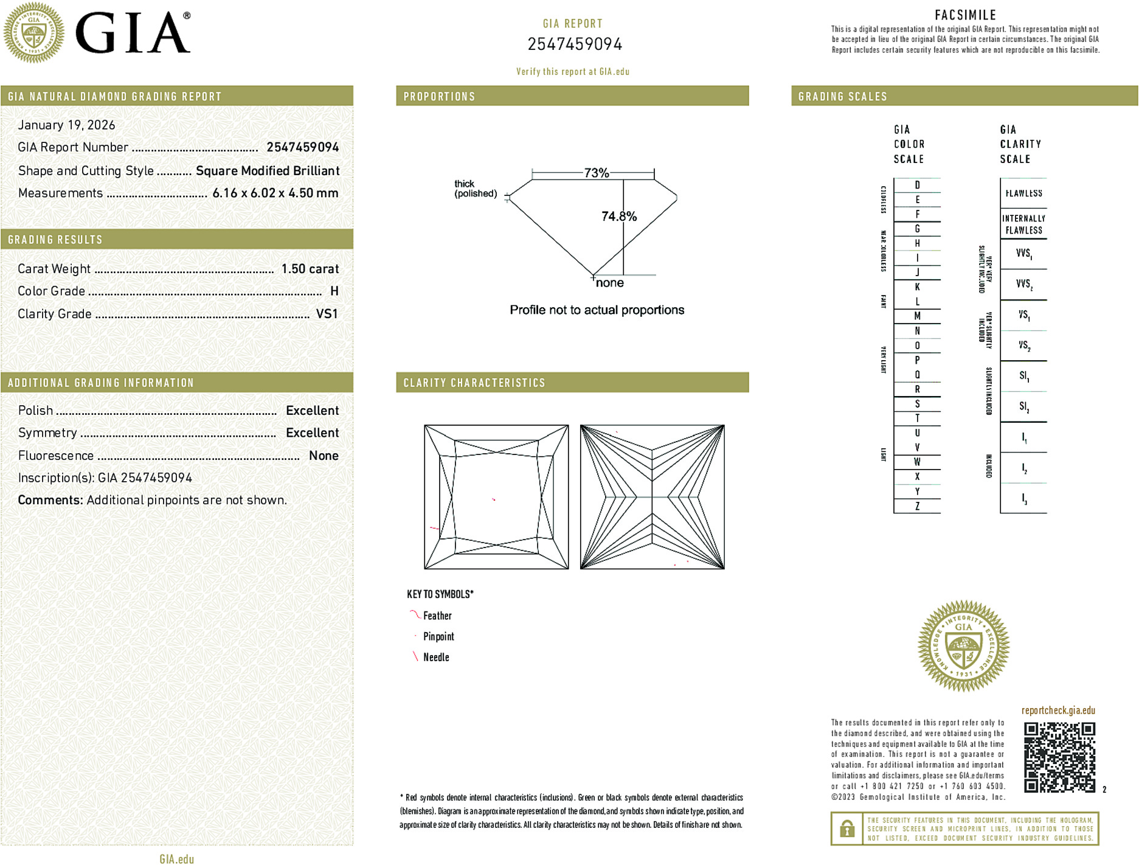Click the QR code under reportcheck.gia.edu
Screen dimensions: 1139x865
click(1059, 757)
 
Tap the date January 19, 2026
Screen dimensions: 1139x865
click(66, 125)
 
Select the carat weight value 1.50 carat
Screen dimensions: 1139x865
click(310, 269)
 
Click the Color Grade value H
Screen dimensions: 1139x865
click(334, 291)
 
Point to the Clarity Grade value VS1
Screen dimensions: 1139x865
click(327, 314)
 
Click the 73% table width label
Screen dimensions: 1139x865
click(596, 173)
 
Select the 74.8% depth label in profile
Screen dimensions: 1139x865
click(618, 216)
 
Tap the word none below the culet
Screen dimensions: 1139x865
click(609, 283)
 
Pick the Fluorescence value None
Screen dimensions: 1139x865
click(324, 456)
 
